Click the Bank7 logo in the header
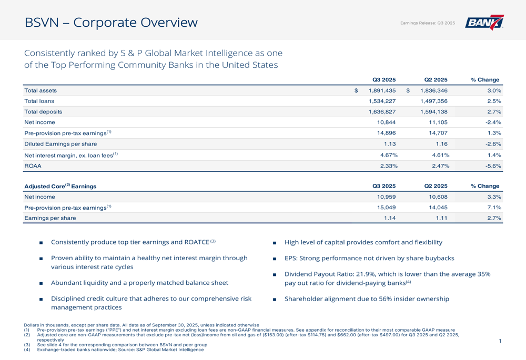484,23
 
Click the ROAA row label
33,166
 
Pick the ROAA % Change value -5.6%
493,166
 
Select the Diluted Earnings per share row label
60,144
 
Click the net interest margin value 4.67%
388,155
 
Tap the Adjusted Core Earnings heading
60,186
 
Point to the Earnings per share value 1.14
390,218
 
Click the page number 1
500,342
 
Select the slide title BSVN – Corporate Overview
111,23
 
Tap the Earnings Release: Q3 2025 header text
428,23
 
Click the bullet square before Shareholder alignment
275,300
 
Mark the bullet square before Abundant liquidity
41,283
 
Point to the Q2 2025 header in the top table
436,80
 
